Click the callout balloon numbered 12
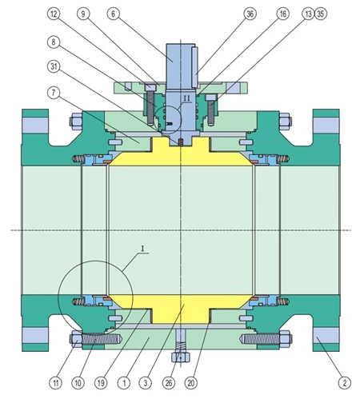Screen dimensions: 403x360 point(54,14)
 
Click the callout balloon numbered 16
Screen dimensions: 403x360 point(283,14)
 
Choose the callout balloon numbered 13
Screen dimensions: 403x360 point(309,14)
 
